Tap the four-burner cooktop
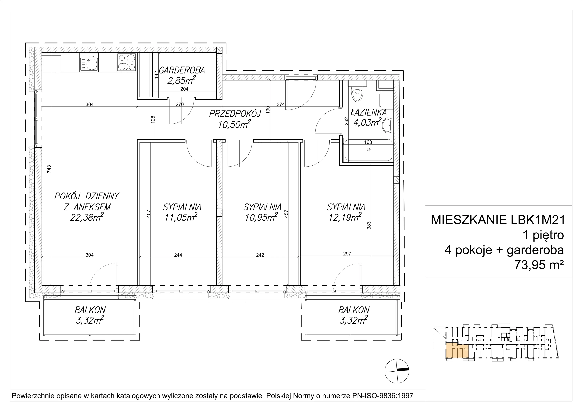pos(126,62)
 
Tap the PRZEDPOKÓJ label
pos(235,114)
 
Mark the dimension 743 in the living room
pos(49,169)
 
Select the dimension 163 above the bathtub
pos(368,142)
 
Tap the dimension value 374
pos(281,104)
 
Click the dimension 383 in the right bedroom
pos(369,225)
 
